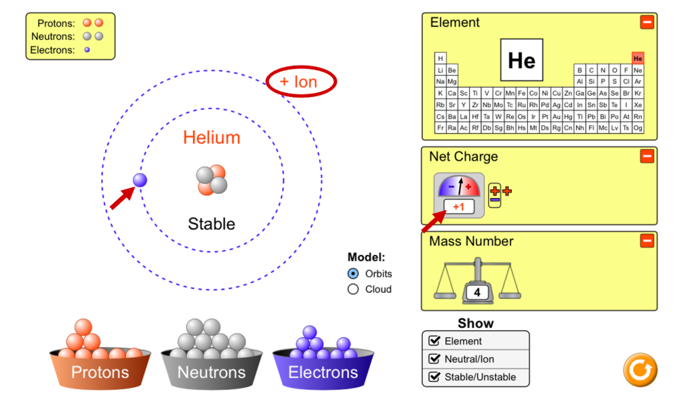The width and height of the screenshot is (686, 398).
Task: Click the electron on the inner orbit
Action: pyautogui.click(x=140, y=180)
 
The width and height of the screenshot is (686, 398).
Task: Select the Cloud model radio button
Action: pyautogui.click(x=353, y=289)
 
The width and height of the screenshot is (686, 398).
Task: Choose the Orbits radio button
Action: pyautogui.click(x=353, y=274)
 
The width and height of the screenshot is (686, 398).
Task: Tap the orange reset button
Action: pyautogui.click(x=640, y=370)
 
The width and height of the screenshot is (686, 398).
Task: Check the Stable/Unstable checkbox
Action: pyautogui.click(x=434, y=377)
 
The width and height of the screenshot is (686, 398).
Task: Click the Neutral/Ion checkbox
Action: pyautogui.click(x=434, y=359)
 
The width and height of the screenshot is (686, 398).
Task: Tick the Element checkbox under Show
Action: pyautogui.click(x=434, y=340)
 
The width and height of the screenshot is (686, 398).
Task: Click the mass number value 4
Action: pyautogui.click(x=477, y=292)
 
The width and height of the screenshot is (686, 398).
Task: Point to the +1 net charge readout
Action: pyautogui.click(x=458, y=207)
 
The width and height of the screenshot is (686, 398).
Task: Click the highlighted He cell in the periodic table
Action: pyautogui.click(x=638, y=59)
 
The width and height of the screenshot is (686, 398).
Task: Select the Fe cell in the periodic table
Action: pyautogui.click(x=521, y=93)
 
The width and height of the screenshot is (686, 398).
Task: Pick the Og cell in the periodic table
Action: pyautogui.click(x=638, y=128)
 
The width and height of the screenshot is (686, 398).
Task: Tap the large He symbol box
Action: pyautogui.click(x=521, y=60)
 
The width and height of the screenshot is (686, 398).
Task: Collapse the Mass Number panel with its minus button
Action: pyautogui.click(x=647, y=240)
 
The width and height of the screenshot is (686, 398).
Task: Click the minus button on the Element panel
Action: pyautogui.click(x=647, y=22)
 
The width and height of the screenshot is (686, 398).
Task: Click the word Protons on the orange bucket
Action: pyautogui.click(x=100, y=372)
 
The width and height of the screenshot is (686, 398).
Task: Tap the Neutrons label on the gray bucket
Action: pyautogui.click(x=211, y=372)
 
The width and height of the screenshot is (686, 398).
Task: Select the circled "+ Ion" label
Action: pyautogui.click(x=301, y=82)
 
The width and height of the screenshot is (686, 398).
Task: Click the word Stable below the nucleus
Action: pyautogui.click(x=211, y=223)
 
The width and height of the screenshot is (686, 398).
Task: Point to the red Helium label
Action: pyautogui.click(x=212, y=137)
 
